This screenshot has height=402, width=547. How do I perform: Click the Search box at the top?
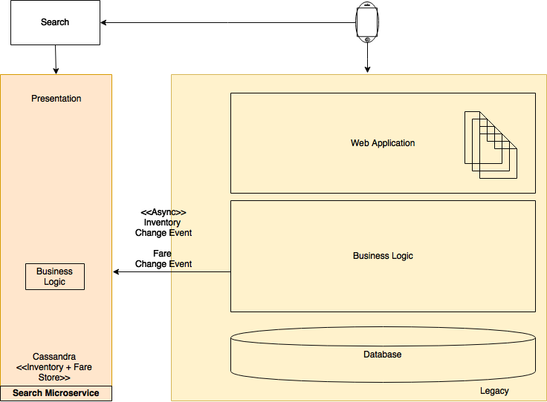pyautogui.click(x=55, y=22)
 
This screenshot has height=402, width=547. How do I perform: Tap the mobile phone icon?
pyautogui.click(x=367, y=22)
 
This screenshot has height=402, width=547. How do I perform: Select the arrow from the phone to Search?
pyautogui.click(x=228, y=23)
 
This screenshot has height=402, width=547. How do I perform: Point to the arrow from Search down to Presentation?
pyautogui.click(x=56, y=59)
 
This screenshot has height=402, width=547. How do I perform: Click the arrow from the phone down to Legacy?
pyautogui.click(x=367, y=58)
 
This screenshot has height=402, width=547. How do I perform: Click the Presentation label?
pyautogui.click(x=56, y=99)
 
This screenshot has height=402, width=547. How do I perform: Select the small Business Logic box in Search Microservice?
pyautogui.click(x=55, y=277)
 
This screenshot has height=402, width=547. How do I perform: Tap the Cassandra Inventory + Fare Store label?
pyautogui.click(x=54, y=367)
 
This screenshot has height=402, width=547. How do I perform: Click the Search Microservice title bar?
pyautogui.click(x=56, y=393)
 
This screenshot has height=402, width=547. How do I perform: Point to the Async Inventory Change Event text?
pyautogui.click(x=164, y=223)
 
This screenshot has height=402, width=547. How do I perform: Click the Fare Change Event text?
pyautogui.click(x=164, y=259)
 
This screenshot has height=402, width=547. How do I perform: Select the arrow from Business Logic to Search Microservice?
pyautogui.click(x=172, y=271)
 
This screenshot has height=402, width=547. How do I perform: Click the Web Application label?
pyautogui.click(x=383, y=143)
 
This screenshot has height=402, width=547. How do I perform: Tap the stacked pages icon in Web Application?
pyautogui.click(x=491, y=145)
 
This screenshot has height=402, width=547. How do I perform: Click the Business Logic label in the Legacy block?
pyautogui.click(x=383, y=256)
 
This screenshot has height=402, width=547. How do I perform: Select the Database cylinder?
pyautogui.click(x=383, y=355)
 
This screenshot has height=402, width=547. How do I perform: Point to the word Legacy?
pyautogui.click(x=494, y=391)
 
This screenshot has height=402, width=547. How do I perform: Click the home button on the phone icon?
pyautogui.click(x=367, y=39)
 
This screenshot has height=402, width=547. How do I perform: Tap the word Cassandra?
pyautogui.click(x=54, y=357)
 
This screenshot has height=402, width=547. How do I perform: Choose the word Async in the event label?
pyautogui.click(x=164, y=212)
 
